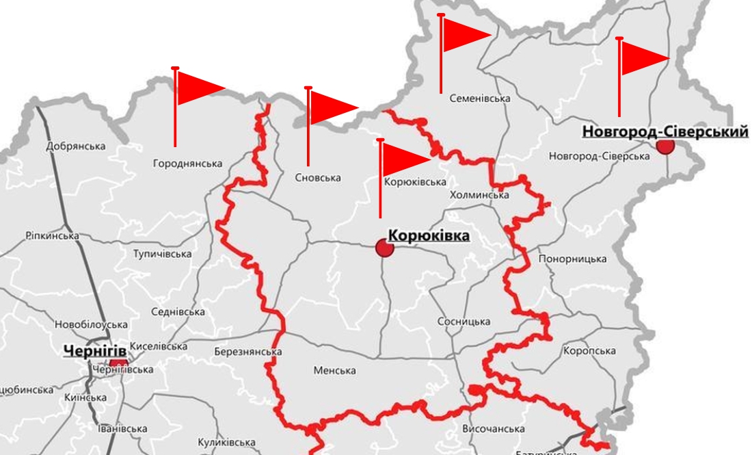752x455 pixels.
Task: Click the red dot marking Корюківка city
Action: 385,248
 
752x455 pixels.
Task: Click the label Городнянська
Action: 188,164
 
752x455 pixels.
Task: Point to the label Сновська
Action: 318,178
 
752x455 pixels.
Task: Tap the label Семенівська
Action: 480,99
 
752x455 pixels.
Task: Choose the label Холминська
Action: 479,195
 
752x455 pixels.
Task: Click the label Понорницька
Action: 573,259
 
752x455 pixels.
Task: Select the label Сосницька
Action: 465,322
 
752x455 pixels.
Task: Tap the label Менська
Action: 334,370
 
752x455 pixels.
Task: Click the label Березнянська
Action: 248,352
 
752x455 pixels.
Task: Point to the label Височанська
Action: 494,429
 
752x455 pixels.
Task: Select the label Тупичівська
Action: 163,254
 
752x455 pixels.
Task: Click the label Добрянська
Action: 76,146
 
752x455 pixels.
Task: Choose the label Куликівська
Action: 226,443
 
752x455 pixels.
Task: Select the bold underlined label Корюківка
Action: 429,236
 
